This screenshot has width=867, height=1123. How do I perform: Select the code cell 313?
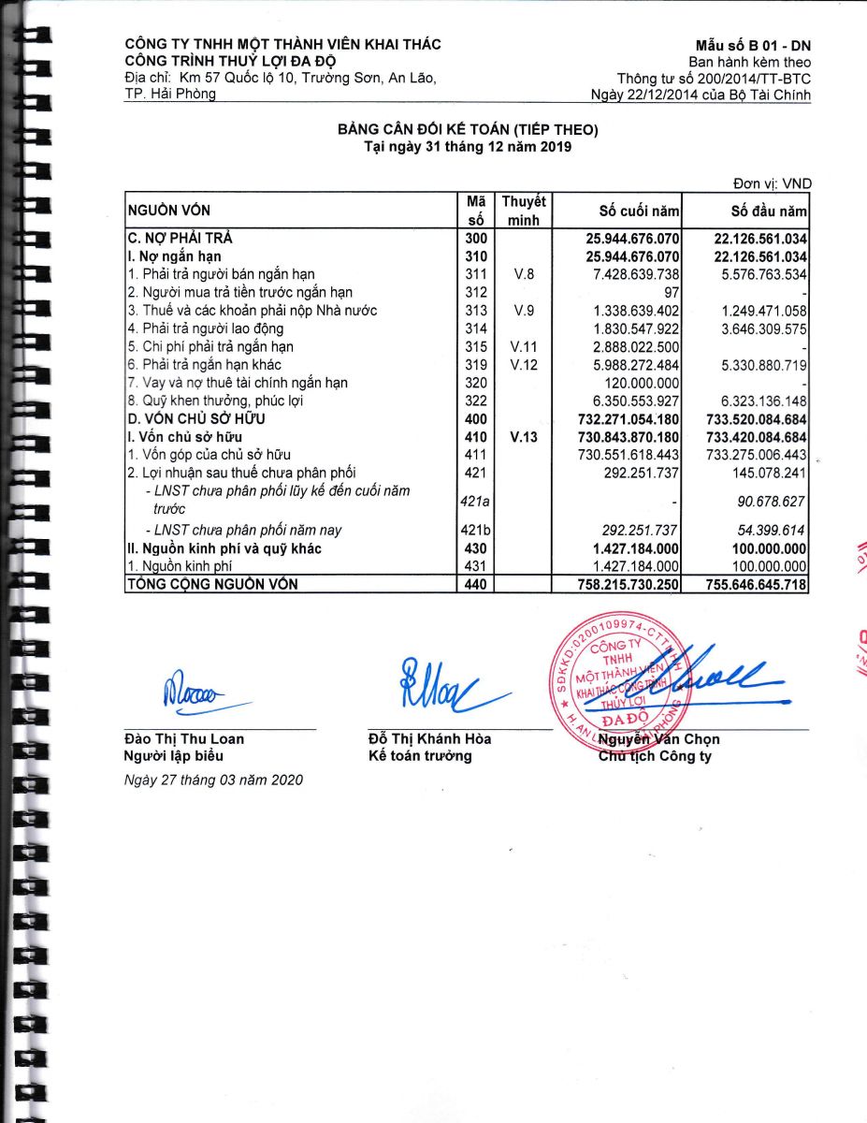click(476, 311)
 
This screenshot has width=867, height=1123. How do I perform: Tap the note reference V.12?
click(524, 365)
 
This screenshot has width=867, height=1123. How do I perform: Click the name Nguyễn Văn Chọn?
click(659, 739)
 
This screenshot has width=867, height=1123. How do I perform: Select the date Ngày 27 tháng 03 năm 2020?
click(213, 780)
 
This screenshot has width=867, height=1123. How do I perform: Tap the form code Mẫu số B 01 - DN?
click(753, 46)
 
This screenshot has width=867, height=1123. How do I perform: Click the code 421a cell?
click(476, 502)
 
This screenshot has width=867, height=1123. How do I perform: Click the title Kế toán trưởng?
click(420, 756)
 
